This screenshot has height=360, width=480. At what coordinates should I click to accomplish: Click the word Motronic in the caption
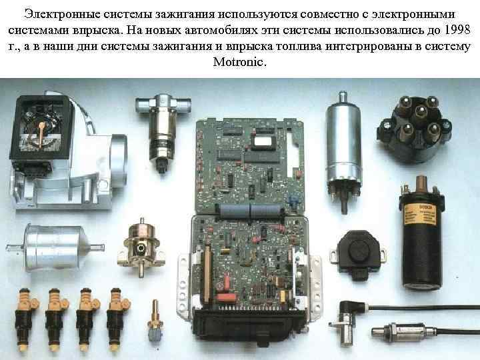[x=239, y=62]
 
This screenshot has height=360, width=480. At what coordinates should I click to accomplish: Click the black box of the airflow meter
[x=41, y=130]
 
